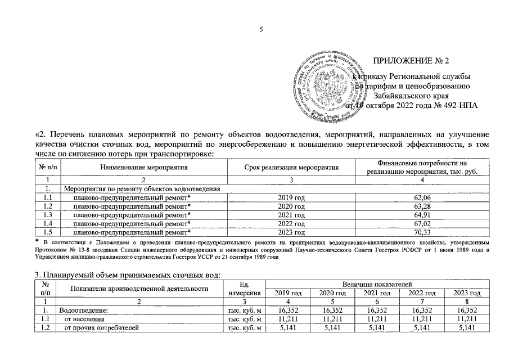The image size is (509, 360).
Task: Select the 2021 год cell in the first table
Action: coord(291,215)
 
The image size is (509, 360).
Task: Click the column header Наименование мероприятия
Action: coord(143,168)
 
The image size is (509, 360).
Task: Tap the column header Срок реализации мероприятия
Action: coord(291,168)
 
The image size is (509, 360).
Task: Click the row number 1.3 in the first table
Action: coord(48,215)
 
